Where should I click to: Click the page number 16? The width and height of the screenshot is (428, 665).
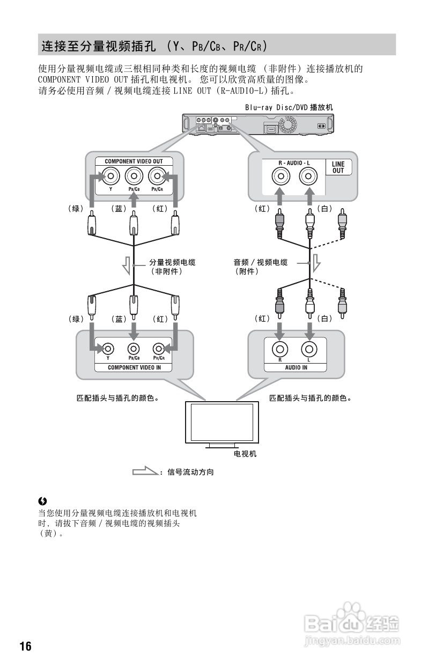pyautogui.click(x=25, y=646)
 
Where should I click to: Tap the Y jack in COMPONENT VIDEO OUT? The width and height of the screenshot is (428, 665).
pyautogui.click(x=110, y=176)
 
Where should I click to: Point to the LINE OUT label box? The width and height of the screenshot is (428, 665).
pyautogui.click(x=338, y=167)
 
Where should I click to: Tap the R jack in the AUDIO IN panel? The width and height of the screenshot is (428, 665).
pyautogui.click(x=279, y=349)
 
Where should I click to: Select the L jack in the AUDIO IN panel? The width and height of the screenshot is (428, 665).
pyautogui.click(x=308, y=349)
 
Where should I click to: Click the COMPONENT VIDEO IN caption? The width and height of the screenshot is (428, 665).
pyautogui.click(x=134, y=367)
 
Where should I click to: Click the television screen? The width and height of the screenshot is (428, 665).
pyautogui.click(x=222, y=422)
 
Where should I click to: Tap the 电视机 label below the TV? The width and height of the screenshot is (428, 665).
pyautogui.click(x=245, y=454)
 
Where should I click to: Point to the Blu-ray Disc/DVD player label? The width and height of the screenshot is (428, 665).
pyautogui.click(x=289, y=107)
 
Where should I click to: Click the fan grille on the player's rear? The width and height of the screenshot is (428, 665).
pyautogui.click(x=287, y=125)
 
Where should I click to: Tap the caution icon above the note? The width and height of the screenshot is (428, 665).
pyautogui.click(x=43, y=501)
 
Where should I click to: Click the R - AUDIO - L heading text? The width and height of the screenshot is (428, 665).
pyautogui.click(x=294, y=162)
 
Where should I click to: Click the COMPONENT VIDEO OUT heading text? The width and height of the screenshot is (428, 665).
pyautogui.click(x=134, y=161)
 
